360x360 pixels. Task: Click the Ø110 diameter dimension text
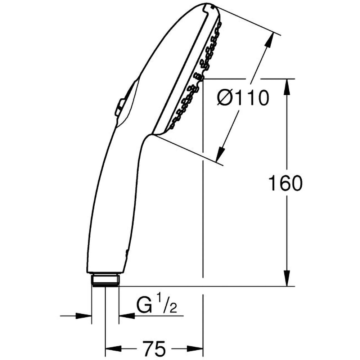[x=243, y=98]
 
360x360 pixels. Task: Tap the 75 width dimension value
[x=154, y=348]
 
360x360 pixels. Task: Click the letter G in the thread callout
[x=144, y=307]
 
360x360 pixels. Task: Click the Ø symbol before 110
[x=226, y=98]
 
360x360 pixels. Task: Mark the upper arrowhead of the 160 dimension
[x=287, y=87]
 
